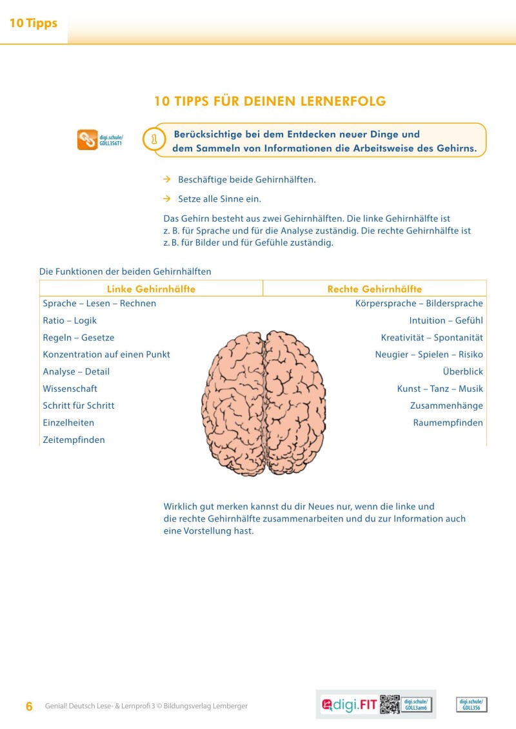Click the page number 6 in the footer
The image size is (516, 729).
[29, 706]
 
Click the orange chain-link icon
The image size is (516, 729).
[87, 140]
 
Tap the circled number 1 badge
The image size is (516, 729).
[154, 139]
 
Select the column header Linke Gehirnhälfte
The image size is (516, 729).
[151, 289]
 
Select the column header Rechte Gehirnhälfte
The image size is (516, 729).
[375, 289]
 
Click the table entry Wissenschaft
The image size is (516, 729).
[70, 389]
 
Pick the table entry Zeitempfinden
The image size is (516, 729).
[74, 440]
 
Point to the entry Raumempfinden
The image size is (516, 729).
[448, 423]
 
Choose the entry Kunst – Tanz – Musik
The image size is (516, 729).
[440, 389]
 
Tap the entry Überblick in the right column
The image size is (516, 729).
[462, 372]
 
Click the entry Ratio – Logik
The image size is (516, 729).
[70, 320]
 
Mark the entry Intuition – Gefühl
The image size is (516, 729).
[446, 320]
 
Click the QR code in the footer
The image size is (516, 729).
[390, 705]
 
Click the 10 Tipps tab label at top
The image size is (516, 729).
[34, 24]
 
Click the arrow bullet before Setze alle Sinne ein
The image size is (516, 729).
[166, 199]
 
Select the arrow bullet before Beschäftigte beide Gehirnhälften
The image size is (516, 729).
[166, 179]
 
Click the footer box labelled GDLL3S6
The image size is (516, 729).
[471, 705]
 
